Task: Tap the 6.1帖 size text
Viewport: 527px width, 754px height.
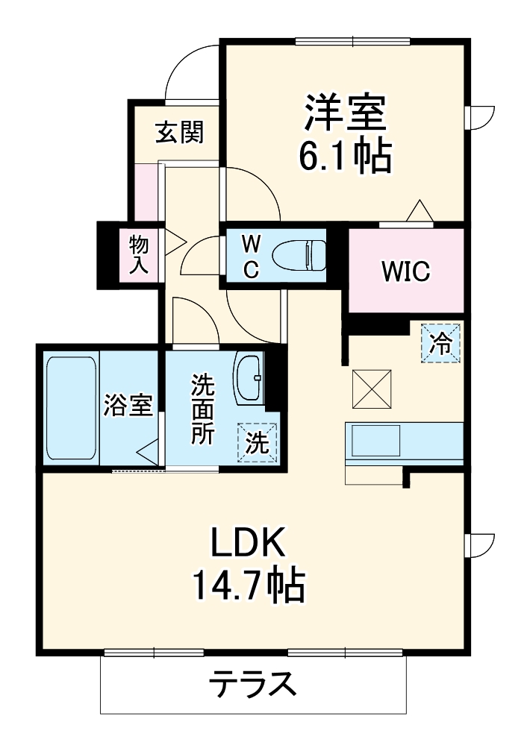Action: (x=344, y=157)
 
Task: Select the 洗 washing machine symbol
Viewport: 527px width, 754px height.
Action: (x=258, y=443)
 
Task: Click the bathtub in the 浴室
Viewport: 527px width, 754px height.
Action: (x=71, y=408)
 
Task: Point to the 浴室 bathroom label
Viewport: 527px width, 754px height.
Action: (x=129, y=406)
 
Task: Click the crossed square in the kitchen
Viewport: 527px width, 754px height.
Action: (x=370, y=389)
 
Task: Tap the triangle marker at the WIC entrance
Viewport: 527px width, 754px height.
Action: (x=419, y=211)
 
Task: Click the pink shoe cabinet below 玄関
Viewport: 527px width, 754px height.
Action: (x=146, y=192)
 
